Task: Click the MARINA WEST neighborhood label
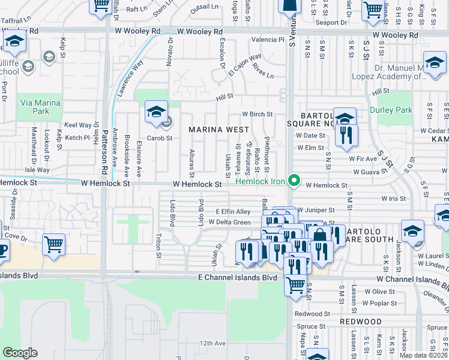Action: point(218,130)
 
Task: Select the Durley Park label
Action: point(391,110)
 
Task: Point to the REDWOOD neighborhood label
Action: point(360,322)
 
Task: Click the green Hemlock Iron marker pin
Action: point(294,179)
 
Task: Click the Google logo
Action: point(20,353)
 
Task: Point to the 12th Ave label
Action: point(212,343)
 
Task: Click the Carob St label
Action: point(160,138)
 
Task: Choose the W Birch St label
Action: point(257,114)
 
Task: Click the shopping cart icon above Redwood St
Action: point(295,286)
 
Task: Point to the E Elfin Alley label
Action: point(233,212)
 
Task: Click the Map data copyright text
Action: point(423,355)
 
